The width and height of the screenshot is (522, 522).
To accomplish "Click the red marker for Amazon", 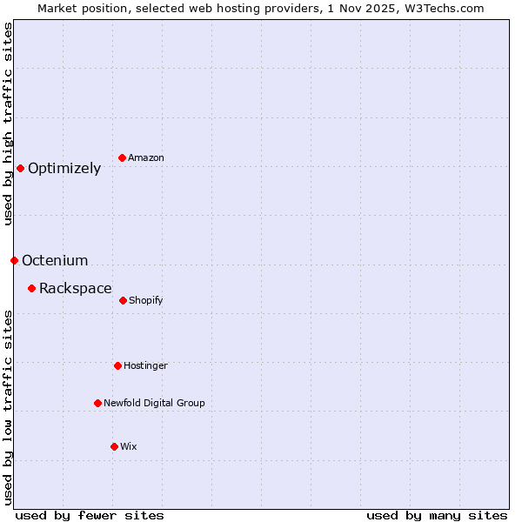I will click(x=122, y=157).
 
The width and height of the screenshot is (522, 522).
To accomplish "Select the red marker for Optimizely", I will click(x=20, y=168).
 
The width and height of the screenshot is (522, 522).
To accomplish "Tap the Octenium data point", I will click(x=14, y=260).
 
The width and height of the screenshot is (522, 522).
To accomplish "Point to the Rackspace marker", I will click(x=31, y=288).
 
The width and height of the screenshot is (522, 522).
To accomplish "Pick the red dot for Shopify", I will click(x=123, y=300).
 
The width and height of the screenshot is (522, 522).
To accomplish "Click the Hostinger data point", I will click(x=117, y=365).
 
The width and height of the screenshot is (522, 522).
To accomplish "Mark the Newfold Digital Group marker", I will click(x=97, y=403).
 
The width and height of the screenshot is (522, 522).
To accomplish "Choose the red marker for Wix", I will click(x=114, y=446).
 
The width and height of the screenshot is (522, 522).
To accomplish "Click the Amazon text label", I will click(x=146, y=157).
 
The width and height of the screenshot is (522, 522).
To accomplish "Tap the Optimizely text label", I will click(x=64, y=169).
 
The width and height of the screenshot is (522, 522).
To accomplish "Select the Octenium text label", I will click(x=55, y=261).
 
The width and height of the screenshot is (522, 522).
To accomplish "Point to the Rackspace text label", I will click(x=76, y=289).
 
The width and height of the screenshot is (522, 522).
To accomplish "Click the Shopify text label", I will click(x=146, y=300).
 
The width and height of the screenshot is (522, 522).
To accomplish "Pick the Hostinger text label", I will click(x=145, y=365).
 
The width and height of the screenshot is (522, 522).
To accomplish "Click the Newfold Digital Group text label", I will click(x=154, y=403).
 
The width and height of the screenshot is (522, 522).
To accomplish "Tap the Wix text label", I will click(x=129, y=446).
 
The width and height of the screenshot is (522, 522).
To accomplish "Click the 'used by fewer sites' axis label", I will click(x=90, y=515).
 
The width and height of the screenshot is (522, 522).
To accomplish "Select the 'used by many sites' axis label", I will click(x=437, y=515).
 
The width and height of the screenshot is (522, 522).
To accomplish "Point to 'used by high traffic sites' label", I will click(x=8, y=124).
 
